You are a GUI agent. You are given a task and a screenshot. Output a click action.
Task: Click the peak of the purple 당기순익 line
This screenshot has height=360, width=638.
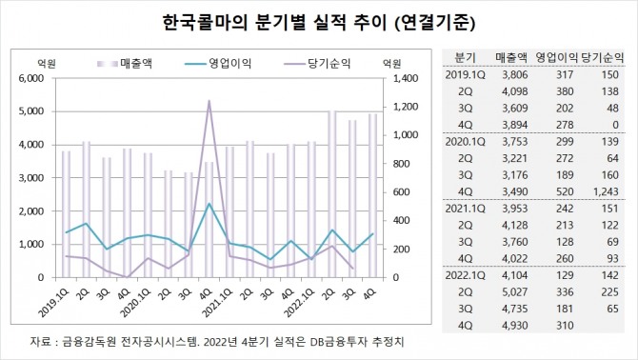(209, 100)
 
